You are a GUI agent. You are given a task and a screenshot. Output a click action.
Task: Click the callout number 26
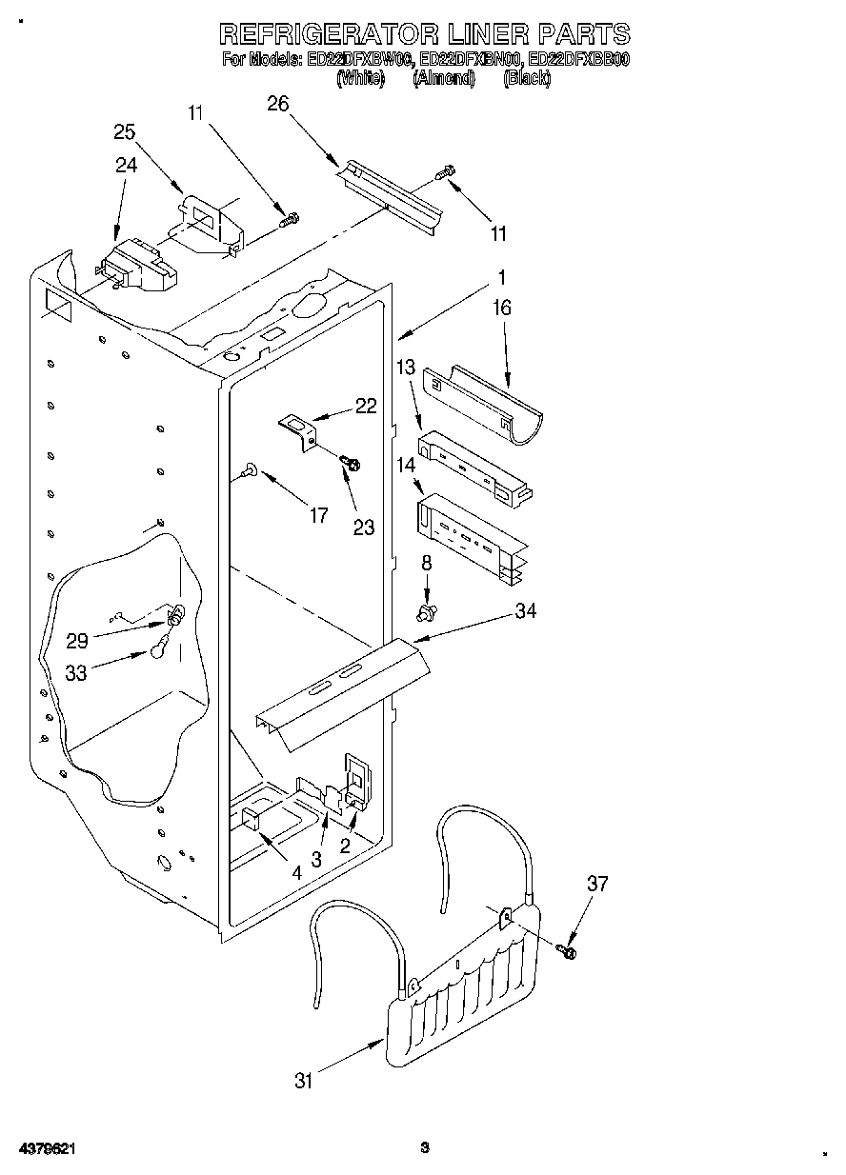pos(278,104)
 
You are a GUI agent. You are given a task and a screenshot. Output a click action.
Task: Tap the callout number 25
pos(125,132)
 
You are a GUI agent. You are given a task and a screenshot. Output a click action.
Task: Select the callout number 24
pos(126,164)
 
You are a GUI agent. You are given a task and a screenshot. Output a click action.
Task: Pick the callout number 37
pos(596,885)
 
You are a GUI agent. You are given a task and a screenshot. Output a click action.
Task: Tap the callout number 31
pos(304,1080)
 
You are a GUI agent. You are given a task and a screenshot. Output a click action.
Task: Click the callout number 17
pos(318,515)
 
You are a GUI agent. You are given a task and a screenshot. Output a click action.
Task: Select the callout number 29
pos(77,641)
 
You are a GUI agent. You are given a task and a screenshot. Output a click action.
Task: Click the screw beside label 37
pos(569,949)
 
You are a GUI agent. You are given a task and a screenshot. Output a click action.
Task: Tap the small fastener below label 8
pos(426,607)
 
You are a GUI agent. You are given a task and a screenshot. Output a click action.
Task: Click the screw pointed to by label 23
pos(351,463)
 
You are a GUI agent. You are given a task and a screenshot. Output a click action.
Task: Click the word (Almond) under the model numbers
pos(443,79)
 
